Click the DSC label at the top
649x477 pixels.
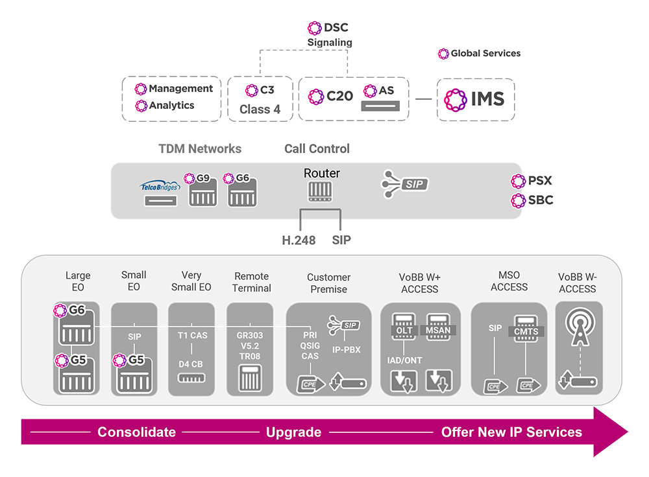coord(336,27)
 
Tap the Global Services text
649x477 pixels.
coord(485,53)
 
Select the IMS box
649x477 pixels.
coord(475,99)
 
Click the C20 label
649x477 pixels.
coord(339,97)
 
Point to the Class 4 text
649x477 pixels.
coord(260,110)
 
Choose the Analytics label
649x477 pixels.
coord(171,105)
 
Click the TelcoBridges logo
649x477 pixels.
coord(159,187)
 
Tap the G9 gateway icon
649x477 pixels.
coord(202,192)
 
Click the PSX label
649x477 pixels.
coord(540,181)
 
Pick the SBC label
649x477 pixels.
coord(540,200)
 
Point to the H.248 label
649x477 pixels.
coord(299,240)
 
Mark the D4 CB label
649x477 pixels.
coord(191,364)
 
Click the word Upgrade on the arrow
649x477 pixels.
coord(293,432)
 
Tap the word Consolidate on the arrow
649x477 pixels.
coord(136,432)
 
